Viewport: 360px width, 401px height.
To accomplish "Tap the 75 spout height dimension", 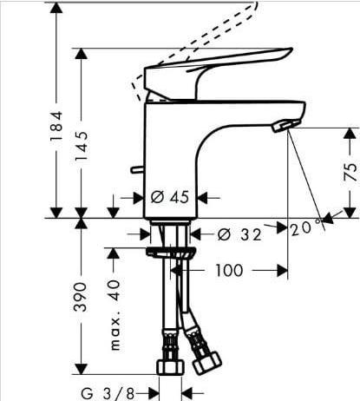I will pyautogui.click(x=350, y=170).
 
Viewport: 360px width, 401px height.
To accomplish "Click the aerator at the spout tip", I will pyautogui.click(x=279, y=127).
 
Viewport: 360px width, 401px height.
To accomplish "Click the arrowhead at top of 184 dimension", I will pyautogui.click(x=57, y=7).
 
